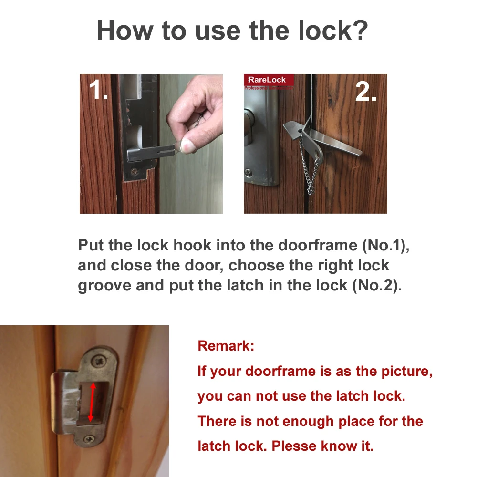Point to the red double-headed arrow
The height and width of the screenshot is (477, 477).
(x=92, y=402)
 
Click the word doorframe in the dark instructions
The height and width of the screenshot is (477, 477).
(x=318, y=245)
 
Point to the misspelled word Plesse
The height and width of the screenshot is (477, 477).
(x=294, y=446)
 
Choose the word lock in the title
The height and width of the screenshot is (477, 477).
(x=325, y=30)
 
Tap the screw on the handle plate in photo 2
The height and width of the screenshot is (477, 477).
(x=248, y=173)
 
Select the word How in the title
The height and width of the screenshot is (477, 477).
(x=125, y=30)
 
